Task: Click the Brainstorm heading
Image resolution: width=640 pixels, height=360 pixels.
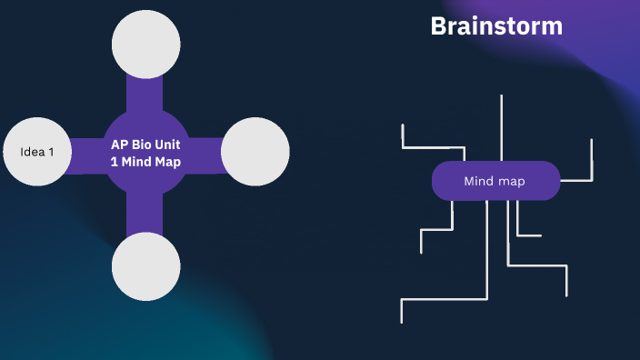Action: (496, 26)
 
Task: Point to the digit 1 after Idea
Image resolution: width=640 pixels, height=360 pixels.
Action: (51, 152)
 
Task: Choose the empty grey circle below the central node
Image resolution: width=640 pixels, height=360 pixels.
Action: (145, 265)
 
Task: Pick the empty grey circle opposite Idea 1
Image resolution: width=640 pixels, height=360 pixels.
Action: (255, 152)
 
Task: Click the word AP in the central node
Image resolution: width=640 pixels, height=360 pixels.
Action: (120, 145)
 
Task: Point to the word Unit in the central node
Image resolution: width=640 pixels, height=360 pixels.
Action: (169, 145)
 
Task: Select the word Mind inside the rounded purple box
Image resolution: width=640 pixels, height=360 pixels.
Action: (479, 181)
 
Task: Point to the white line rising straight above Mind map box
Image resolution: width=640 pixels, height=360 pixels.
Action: (501, 127)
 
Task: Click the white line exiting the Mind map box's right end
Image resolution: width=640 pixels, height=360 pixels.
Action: (575, 180)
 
